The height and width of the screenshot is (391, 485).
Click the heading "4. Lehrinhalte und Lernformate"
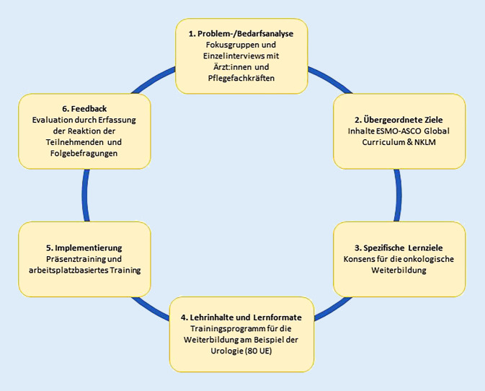[241, 317]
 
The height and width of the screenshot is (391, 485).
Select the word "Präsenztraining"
[69, 258]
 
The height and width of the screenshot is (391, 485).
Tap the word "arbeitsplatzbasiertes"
[64, 270]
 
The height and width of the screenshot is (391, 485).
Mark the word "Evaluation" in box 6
[53, 118]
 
